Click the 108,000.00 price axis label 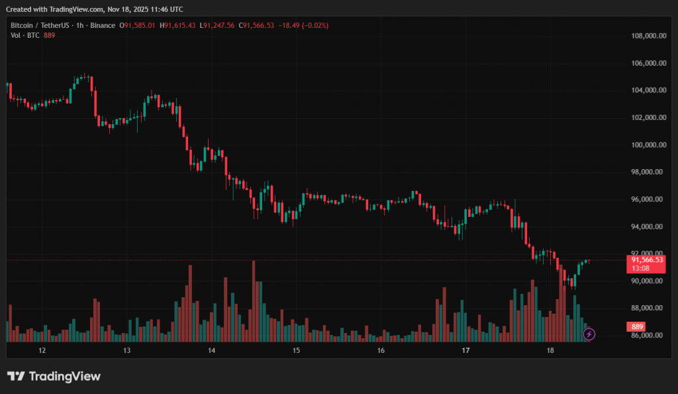click(x=648, y=36)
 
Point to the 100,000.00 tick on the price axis click(x=648, y=145)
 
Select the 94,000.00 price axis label click(x=648, y=227)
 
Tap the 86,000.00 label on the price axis click(x=648, y=336)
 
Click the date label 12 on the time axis click(x=42, y=350)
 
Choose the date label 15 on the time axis click(x=296, y=350)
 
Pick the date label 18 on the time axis click(x=550, y=350)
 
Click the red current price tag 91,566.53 click(x=647, y=260)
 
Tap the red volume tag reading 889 click(x=638, y=327)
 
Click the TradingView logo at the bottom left click(x=54, y=376)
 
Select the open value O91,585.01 click(x=137, y=25)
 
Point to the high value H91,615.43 click(x=179, y=25)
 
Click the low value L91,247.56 click(x=218, y=25)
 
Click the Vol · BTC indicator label click(x=24, y=35)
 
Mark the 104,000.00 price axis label click(x=648, y=91)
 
